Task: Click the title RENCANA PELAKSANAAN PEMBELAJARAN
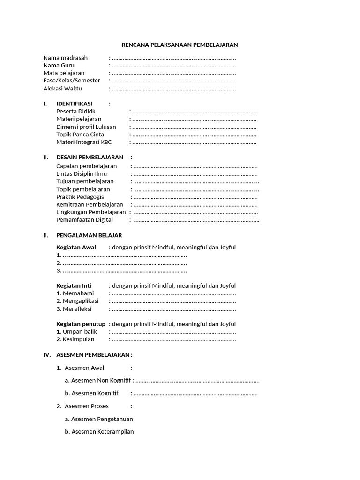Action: point(180,45)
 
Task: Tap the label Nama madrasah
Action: point(65,58)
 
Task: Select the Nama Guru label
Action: point(59,65)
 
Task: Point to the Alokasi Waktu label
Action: point(62,88)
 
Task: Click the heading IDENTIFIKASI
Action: point(74,104)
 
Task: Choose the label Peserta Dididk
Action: point(75,112)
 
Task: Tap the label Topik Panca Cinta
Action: point(80,135)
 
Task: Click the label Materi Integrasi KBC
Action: point(84,142)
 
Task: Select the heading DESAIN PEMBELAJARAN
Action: point(90,157)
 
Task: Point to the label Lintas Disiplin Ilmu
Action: point(82,173)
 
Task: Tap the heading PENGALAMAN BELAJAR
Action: point(89,235)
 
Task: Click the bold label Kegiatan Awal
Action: point(76,247)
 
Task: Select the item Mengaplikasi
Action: point(80,301)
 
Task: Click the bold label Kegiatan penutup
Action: point(81,324)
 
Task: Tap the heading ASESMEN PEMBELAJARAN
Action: point(93,355)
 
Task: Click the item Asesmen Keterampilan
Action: point(102,432)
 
